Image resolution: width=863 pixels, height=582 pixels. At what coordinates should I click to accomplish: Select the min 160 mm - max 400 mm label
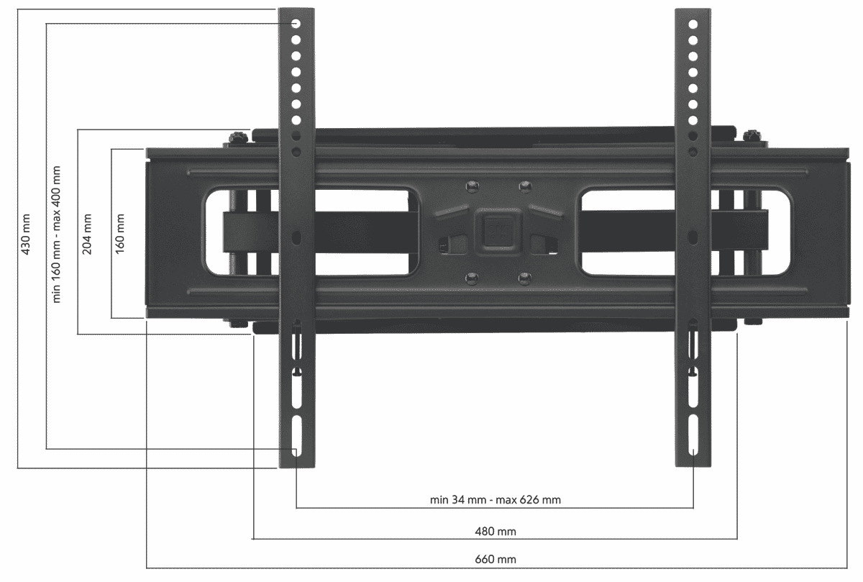pos(57,235)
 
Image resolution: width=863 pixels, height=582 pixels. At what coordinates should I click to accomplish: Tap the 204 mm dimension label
pos(88,233)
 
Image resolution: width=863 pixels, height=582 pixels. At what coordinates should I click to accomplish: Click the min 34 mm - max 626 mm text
pos(495,500)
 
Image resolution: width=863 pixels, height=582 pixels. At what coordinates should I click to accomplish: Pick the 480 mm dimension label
pos(496,531)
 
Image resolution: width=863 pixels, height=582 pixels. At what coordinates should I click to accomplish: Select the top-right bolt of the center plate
pos(524,186)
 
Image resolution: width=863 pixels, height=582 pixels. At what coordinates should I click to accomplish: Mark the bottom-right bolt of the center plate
pos(524,277)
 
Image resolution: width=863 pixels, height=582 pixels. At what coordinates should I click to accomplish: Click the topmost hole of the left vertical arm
pos(296,24)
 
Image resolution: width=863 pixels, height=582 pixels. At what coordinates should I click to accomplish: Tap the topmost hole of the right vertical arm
pos(693,24)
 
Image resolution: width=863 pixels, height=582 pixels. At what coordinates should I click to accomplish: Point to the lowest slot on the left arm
pos(296,435)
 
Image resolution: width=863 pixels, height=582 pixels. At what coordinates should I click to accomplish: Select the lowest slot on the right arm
pos(693,435)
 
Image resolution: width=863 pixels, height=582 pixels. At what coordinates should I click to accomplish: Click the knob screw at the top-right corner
pos(752,135)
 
